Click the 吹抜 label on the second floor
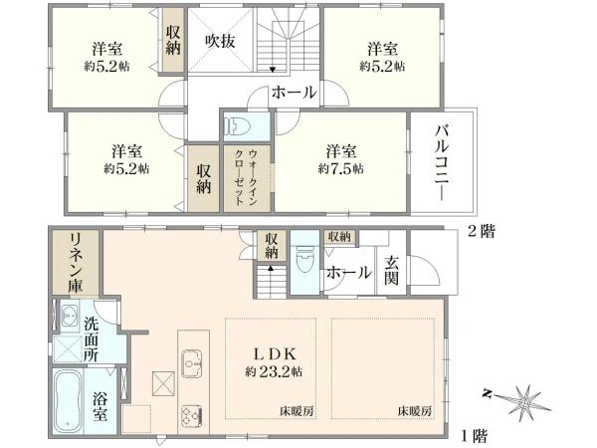220,41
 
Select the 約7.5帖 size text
340,168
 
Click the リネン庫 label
74,261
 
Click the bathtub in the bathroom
67,399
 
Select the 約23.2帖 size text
270,371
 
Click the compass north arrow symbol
522,399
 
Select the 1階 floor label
474,434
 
